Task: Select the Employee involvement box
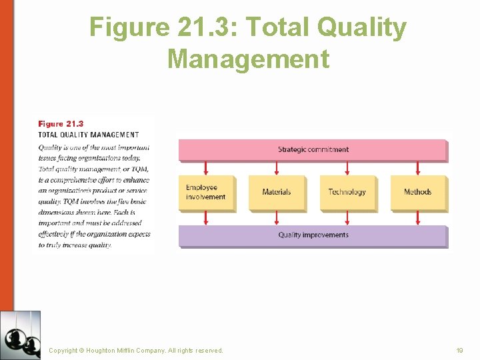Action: pyautogui.click(x=206, y=192)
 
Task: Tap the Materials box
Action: pyautogui.click(x=277, y=192)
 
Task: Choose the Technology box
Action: pyautogui.click(x=347, y=192)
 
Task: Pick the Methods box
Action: pyautogui.click(x=417, y=192)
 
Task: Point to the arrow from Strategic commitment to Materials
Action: pyautogui.click(x=277, y=168)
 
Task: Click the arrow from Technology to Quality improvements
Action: pyautogui.click(x=347, y=218)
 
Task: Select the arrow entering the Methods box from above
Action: pyautogui.click(x=417, y=168)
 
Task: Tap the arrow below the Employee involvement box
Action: pyautogui.click(x=206, y=218)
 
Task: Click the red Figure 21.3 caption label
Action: pyautogui.click(x=61, y=124)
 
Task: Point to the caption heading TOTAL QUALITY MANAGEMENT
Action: pyautogui.click(x=89, y=135)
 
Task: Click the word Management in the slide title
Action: pyautogui.click(x=248, y=59)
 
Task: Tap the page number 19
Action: pyautogui.click(x=459, y=350)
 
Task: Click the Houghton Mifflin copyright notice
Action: pyautogui.click(x=136, y=350)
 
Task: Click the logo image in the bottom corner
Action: pyautogui.click(x=20, y=335)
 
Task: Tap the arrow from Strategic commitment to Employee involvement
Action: pyautogui.click(x=206, y=168)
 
